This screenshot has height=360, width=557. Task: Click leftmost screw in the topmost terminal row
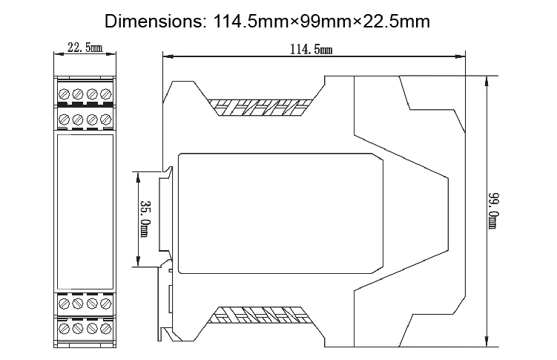[64, 94]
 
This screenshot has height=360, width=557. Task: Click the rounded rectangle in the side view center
[282, 211]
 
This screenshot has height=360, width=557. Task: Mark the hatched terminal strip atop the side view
[260, 107]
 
